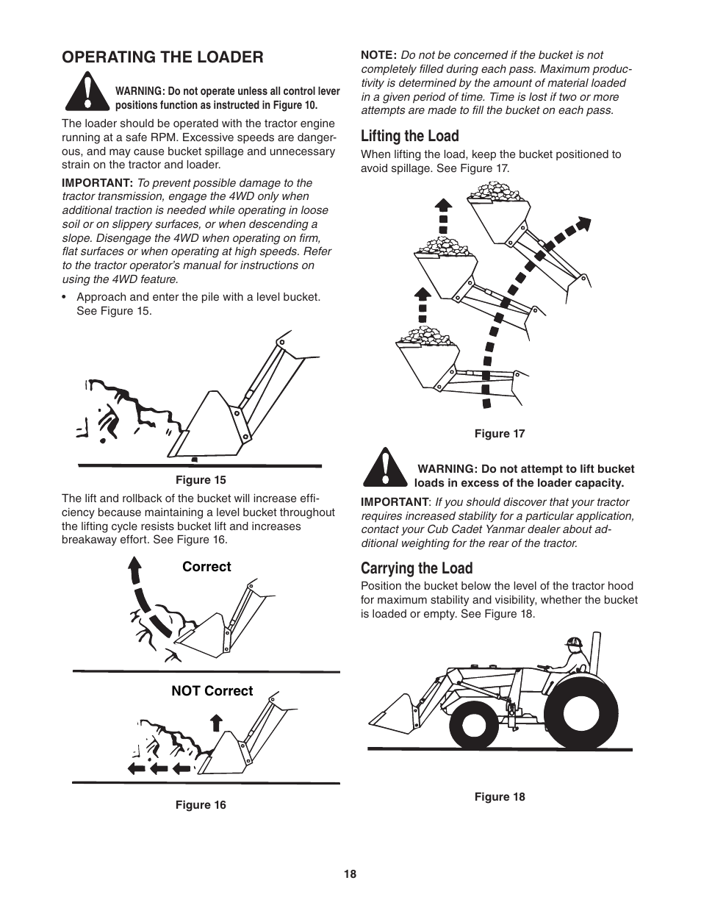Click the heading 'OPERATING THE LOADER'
162,57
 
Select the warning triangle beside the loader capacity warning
384,469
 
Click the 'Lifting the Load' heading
409,136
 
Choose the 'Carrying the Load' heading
416,568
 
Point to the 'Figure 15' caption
200,480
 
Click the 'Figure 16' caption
200,805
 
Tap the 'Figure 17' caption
499,434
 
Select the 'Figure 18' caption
499,797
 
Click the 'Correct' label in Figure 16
206,567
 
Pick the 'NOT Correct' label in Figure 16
212,691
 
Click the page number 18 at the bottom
350,874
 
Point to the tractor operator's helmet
574,642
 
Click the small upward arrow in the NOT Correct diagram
216,722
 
